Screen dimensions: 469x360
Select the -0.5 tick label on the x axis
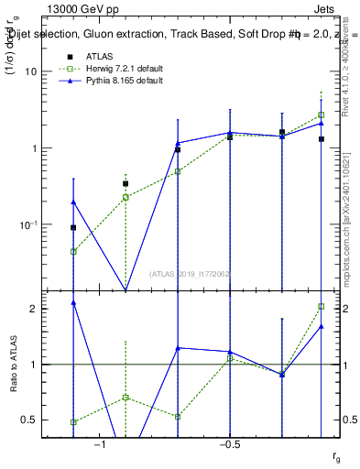point(229,444)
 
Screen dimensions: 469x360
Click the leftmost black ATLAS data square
point(73,227)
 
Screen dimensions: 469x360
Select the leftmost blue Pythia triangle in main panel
point(73,202)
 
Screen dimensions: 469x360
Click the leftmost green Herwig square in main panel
point(73,251)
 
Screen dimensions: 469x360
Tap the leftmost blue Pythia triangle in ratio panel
point(73,302)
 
